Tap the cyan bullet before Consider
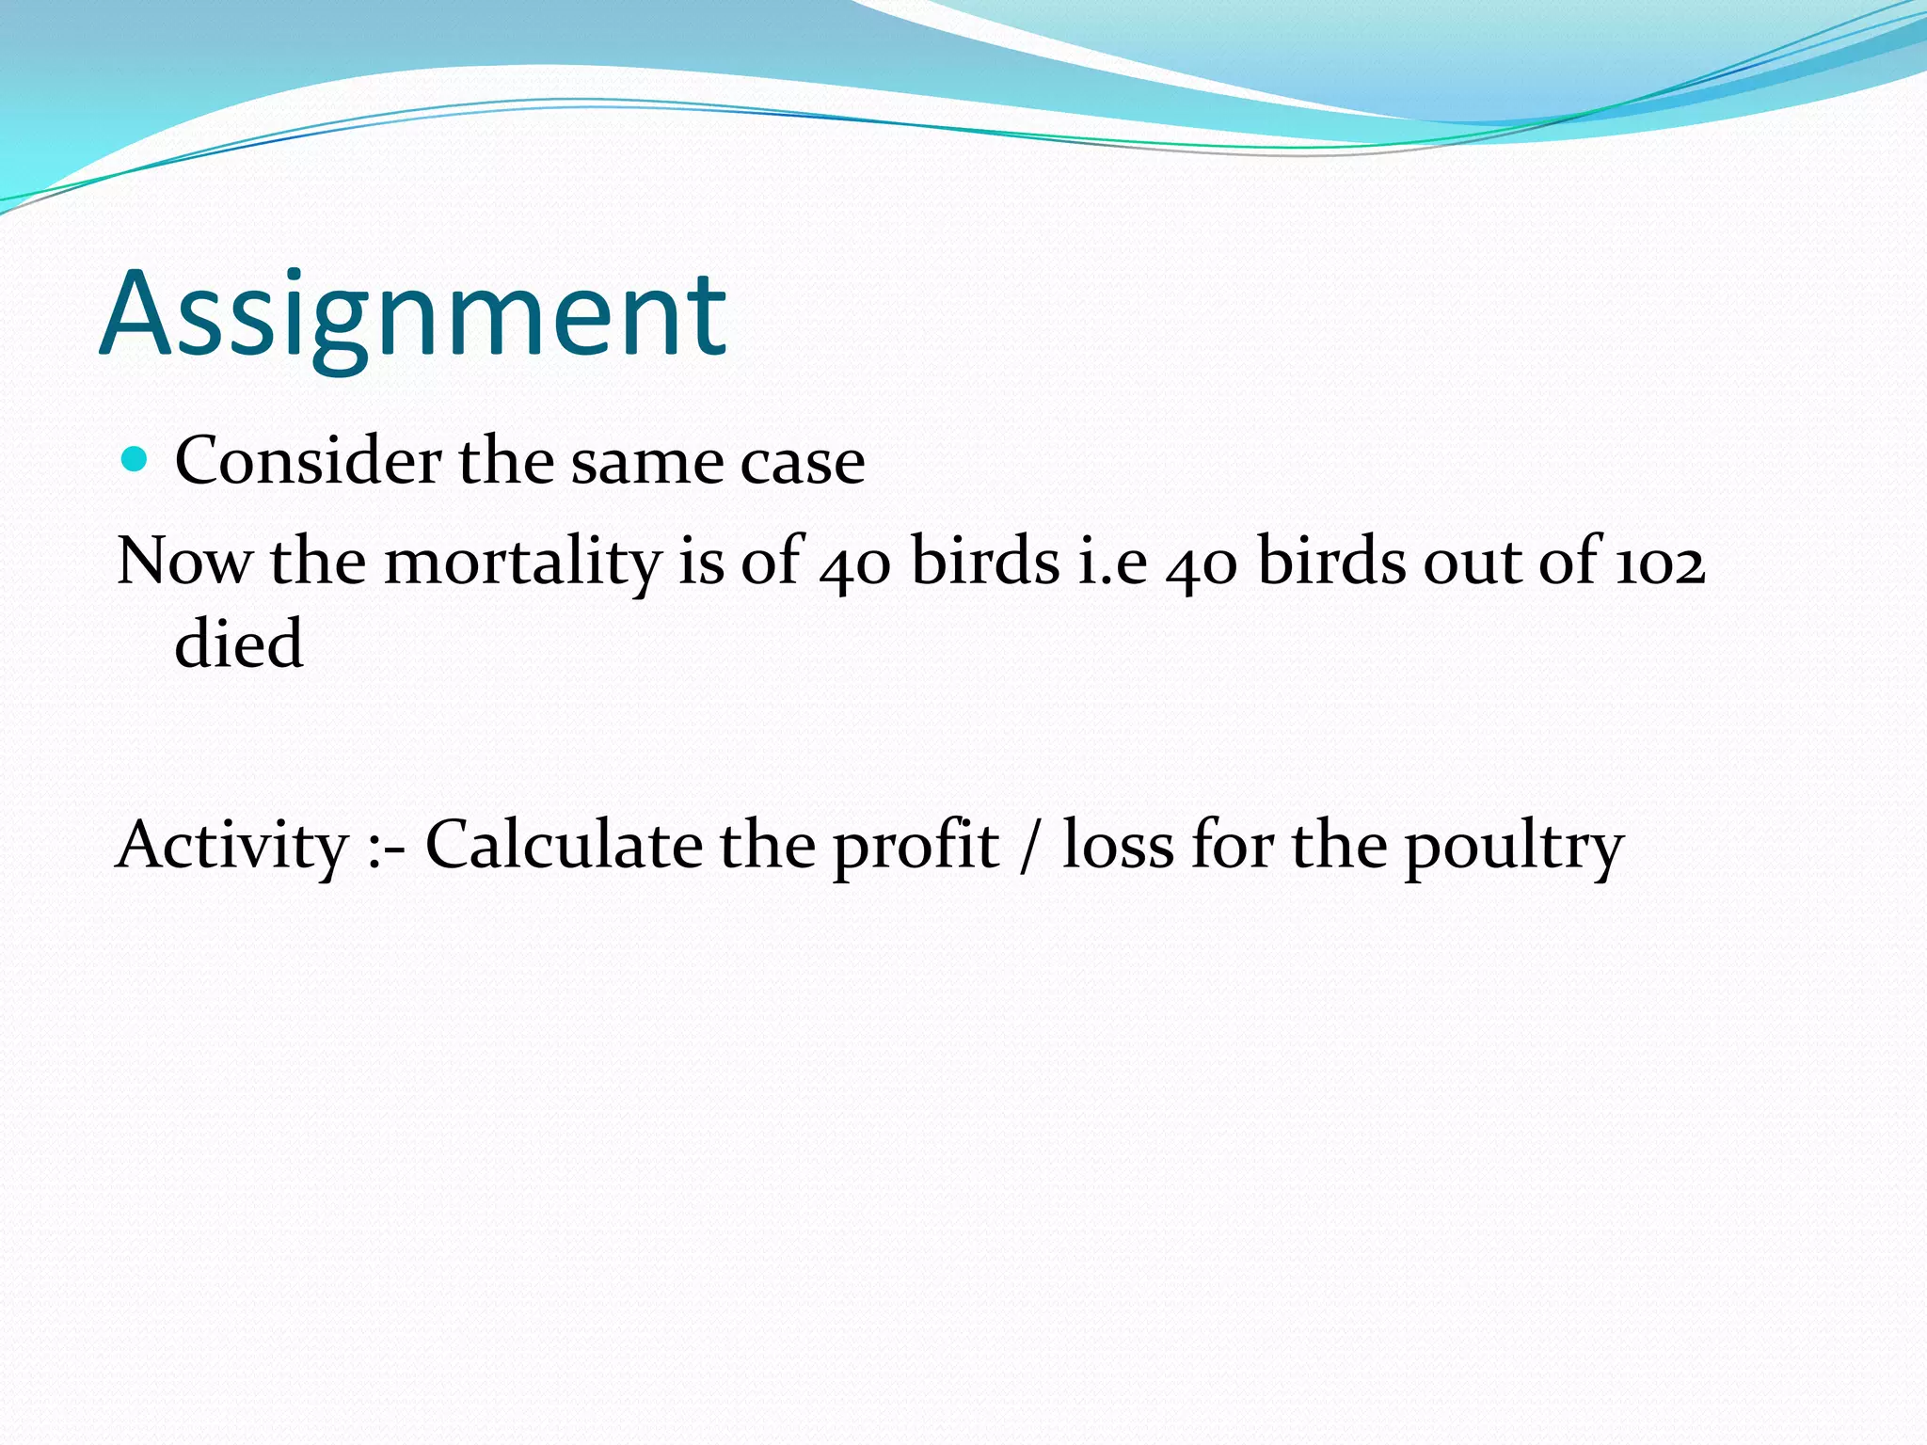(x=135, y=459)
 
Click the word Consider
(x=308, y=461)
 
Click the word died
(x=239, y=644)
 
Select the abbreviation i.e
(x=1113, y=562)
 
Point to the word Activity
(x=231, y=846)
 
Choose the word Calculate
(x=564, y=844)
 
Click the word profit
(x=916, y=846)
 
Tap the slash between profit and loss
(x=1031, y=844)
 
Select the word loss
(x=1118, y=844)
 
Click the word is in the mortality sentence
(x=701, y=562)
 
